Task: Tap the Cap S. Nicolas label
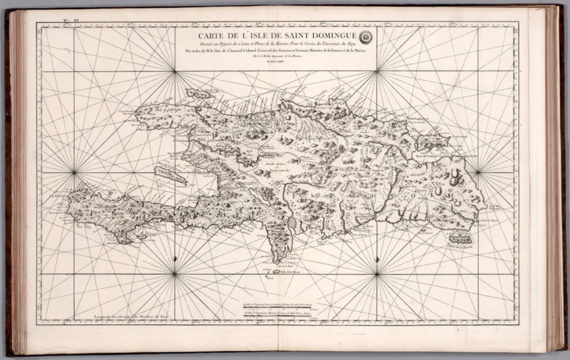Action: pos(128,111)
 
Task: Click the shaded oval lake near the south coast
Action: pos(292,224)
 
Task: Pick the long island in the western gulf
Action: pos(170,175)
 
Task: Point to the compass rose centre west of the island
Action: pos(74,171)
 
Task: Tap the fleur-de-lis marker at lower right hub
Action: pos(377,258)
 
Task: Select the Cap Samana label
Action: pos(459,136)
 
